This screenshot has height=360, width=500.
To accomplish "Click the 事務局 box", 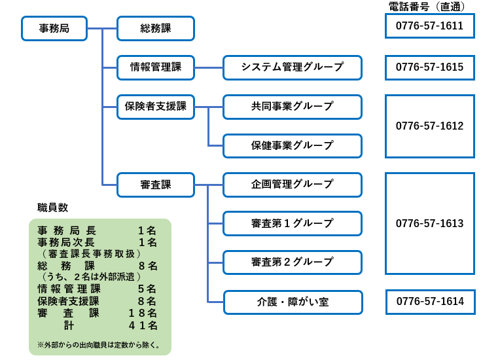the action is pos(54,28).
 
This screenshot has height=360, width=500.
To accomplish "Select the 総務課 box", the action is pos(156,28).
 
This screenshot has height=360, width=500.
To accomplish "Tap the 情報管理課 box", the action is pos(156,67).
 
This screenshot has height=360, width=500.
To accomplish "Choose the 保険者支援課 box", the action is pos(156,107).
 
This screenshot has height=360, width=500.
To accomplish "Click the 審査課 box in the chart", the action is pos(156,185).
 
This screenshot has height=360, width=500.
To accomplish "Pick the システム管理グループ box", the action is pos(293,67).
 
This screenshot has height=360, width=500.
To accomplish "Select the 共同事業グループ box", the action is pos(293,107).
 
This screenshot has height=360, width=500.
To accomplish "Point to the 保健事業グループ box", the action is pos(293,146).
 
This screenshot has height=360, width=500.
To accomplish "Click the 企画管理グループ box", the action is pos(293,185).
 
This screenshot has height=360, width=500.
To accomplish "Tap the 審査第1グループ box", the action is pos(293,223).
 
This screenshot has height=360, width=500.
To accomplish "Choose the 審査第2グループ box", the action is pos(293,262).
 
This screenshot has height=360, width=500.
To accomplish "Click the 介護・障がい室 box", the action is pos(293,302).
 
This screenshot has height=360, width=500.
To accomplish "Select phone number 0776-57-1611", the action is pos(429,26).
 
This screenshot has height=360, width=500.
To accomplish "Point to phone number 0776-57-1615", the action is pos(429,67).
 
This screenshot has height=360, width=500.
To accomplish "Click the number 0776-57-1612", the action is pos(429,126).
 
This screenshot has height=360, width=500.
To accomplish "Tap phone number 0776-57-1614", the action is pos(430,302).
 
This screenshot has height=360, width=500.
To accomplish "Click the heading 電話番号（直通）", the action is pos(427,7).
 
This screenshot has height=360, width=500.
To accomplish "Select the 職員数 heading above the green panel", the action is pos(52,208).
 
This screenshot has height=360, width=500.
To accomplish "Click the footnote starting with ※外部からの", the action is pos(99,345).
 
